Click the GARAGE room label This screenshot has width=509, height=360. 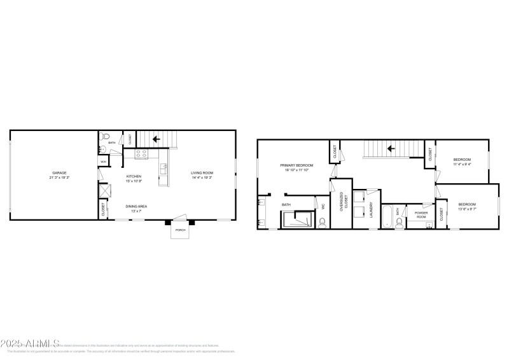click(60, 172)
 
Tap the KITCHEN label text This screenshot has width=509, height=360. click(133, 176)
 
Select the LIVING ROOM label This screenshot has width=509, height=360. click(202, 173)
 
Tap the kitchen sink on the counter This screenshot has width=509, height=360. click(164, 169)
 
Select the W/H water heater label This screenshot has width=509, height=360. click(103, 162)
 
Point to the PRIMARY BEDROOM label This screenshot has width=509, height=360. click(296, 165)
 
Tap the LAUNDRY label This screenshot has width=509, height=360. click(370, 211)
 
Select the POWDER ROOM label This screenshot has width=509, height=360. click(421, 214)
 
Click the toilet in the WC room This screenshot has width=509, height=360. click(322, 221)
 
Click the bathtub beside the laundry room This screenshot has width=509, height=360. click(388, 216)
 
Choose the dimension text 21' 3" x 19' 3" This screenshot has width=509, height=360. click(60, 177)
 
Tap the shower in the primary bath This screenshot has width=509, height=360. click(297, 219)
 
